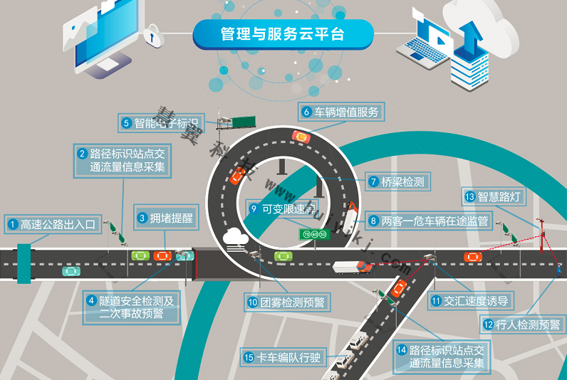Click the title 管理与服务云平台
pyautogui.click(x=283, y=34)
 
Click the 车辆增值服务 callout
pyautogui.click(x=340, y=112)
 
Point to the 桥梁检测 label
pyautogui.click(x=397, y=181)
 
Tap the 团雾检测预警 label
pyautogui.click(x=286, y=302)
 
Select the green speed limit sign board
pyautogui.click(x=314, y=233)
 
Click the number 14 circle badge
pyautogui.click(x=401, y=350)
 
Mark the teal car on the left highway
pyautogui.click(x=71, y=271)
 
